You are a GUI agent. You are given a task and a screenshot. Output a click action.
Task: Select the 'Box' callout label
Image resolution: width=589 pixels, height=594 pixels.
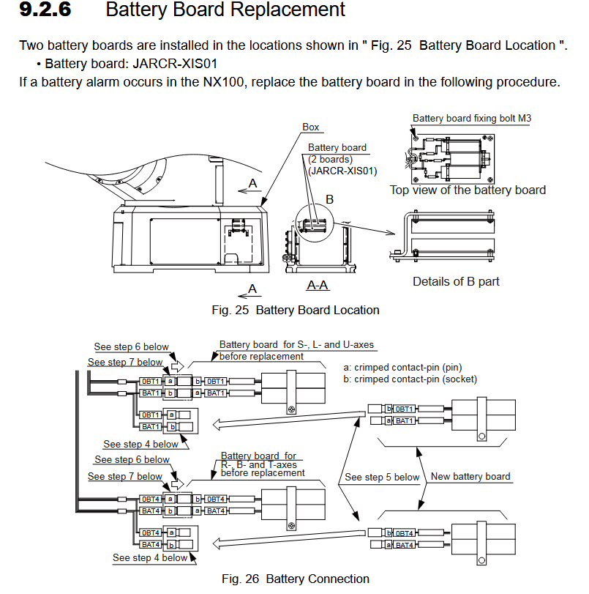point(311,127)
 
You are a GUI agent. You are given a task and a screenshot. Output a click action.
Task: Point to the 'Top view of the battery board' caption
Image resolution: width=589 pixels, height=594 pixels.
point(468,190)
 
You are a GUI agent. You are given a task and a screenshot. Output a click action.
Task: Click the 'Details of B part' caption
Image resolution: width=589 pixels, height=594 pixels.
point(456,281)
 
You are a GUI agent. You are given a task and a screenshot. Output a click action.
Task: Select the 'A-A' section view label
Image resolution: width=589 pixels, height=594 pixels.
point(317,285)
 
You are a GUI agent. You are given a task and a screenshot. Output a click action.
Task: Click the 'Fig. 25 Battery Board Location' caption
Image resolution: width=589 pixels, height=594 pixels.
point(296,310)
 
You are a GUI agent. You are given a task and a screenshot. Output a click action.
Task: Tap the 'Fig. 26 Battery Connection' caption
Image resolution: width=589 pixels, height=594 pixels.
point(296,579)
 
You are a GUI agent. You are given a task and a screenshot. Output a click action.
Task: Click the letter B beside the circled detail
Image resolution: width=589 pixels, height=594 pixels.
point(329,199)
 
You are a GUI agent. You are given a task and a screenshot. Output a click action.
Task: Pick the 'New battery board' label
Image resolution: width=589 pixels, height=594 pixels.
point(470,477)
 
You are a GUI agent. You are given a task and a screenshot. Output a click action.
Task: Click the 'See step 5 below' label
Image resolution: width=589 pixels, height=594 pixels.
point(382,478)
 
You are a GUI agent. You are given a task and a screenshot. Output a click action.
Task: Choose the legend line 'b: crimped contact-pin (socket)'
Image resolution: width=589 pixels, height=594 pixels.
point(410,379)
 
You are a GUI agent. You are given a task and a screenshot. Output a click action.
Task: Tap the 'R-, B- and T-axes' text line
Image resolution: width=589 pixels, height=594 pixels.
point(258,464)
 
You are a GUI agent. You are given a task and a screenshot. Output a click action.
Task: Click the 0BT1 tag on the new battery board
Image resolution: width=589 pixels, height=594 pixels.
point(405,409)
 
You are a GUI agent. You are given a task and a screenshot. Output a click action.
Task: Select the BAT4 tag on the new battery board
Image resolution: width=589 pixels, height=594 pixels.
point(405,544)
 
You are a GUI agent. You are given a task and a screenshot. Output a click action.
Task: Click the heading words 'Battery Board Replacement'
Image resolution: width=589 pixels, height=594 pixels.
point(225,10)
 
